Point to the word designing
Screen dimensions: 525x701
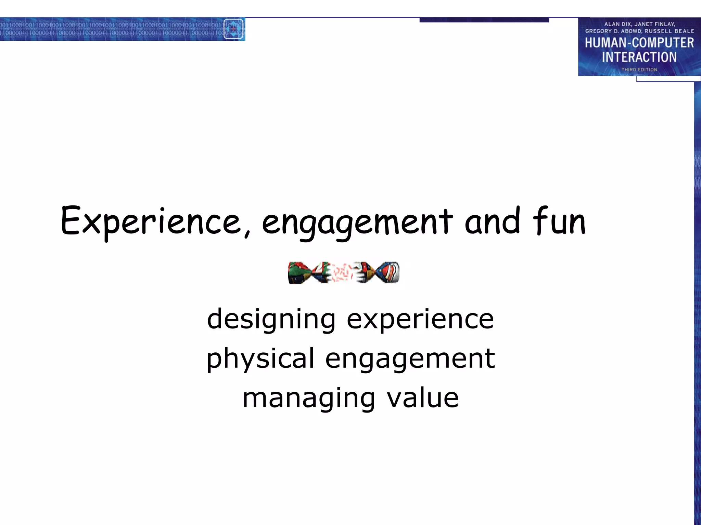coord(271,319)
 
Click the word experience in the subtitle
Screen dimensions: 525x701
coord(420,319)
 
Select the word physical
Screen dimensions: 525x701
coord(260,359)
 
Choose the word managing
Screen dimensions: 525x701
coord(308,399)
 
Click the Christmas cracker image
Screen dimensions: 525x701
coord(344,272)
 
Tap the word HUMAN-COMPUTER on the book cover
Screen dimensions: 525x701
coord(639,43)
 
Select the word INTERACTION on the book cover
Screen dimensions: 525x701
coord(639,57)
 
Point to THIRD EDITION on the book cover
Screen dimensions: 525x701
coord(639,70)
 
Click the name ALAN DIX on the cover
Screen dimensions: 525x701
coord(617,24)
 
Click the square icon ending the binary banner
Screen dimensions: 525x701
coord(233,29)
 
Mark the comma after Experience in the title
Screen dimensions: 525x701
coord(247,233)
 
